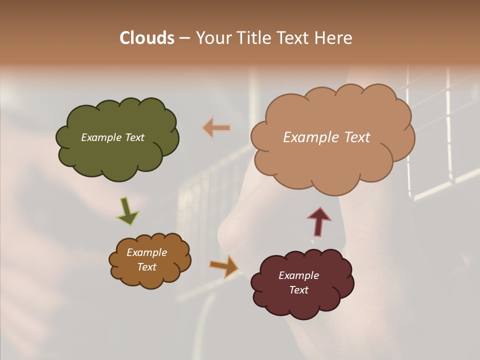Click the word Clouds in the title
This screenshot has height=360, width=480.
(146, 38)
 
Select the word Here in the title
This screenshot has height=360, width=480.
(333, 38)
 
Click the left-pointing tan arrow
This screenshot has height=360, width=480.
(216, 128)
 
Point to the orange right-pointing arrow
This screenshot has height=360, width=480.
(224, 266)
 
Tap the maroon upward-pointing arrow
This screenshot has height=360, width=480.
(318, 221)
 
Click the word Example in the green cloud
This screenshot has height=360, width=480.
(101, 137)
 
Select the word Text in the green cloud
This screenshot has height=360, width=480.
(134, 137)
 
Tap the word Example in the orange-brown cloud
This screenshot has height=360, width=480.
(146, 252)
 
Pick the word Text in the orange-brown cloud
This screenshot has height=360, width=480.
(146, 267)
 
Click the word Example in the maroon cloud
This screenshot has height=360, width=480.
(298, 275)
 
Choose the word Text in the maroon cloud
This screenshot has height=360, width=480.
(298, 290)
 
